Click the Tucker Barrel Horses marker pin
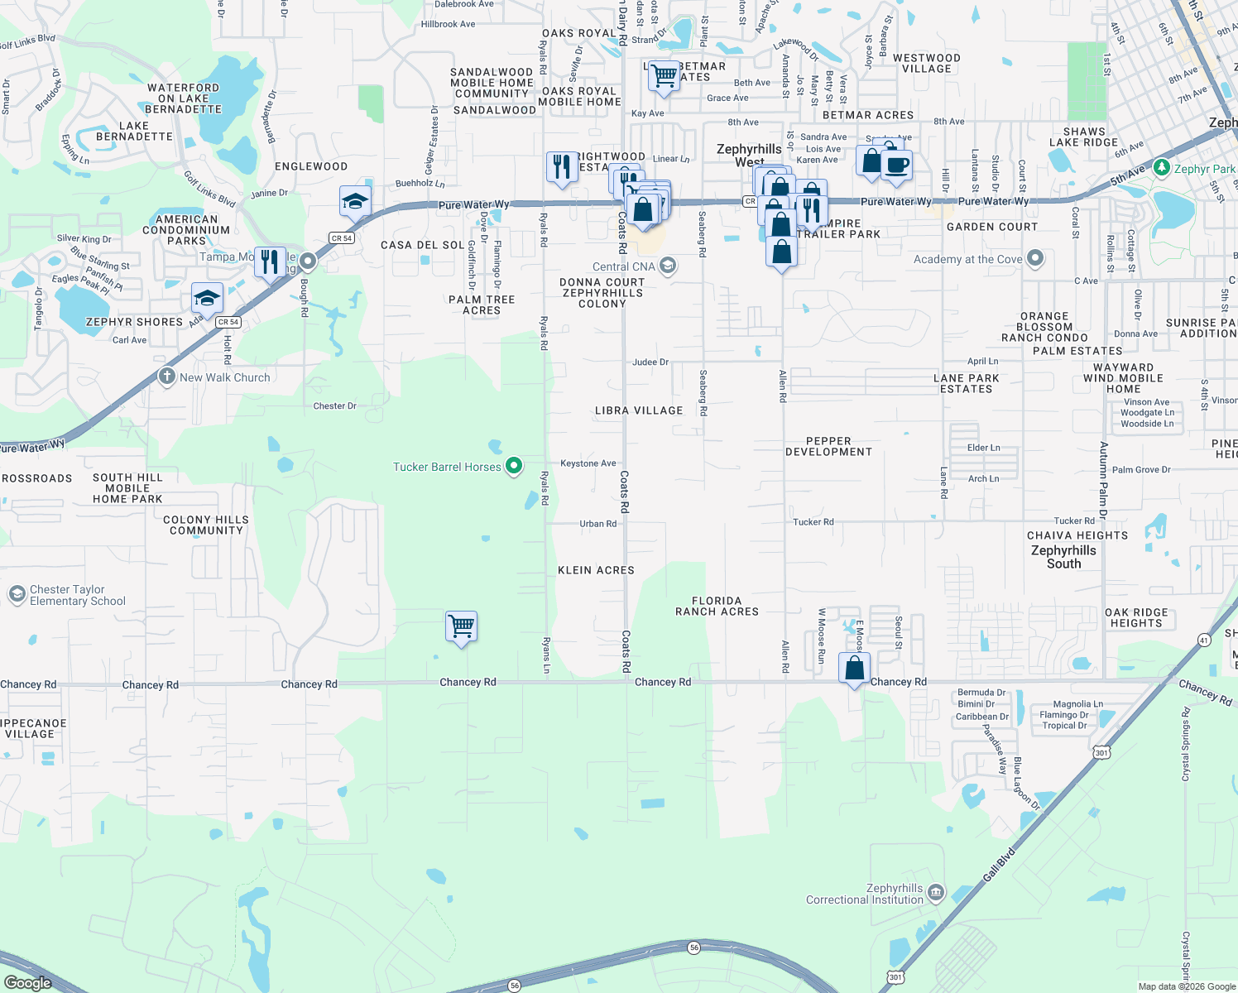click(x=513, y=466)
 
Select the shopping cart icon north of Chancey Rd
click(x=461, y=626)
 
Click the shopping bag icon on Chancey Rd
click(x=854, y=668)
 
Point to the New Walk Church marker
click(x=167, y=377)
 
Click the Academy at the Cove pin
click(x=1034, y=259)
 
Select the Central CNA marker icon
click(x=668, y=266)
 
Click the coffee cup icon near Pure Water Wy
click(x=896, y=164)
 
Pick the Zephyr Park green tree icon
click(x=1162, y=168)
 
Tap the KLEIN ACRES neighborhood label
click(x=596, y=570)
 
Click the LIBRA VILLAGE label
click(x=639, y=410)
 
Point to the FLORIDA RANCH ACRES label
click(x=717, y=607)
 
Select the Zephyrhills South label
click(x=1063, y=557)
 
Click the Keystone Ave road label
click(x=588, y=463)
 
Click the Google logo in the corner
click(x=27, y=982)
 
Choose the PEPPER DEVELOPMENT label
click(x=828, y=447)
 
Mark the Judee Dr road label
click(x=650, y=362)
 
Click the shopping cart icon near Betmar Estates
click(x=664, y=76)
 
